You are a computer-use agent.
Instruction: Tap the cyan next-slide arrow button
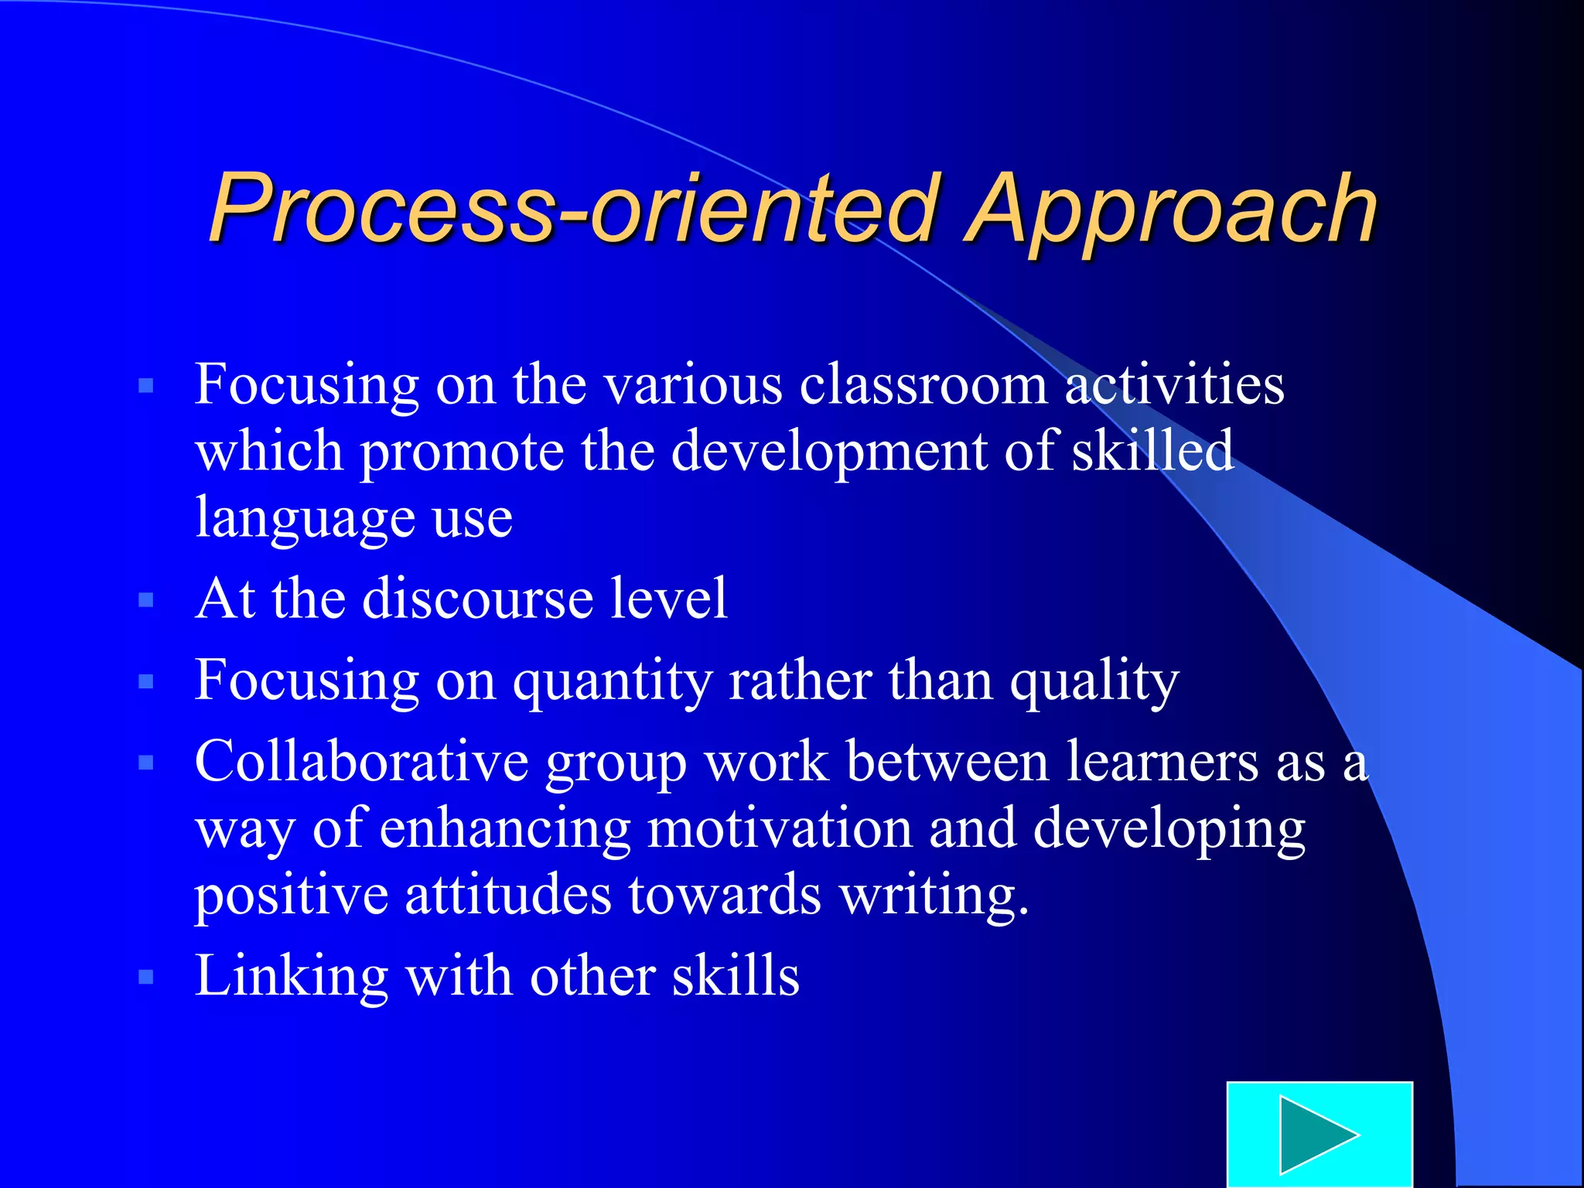tap(1319, 1134)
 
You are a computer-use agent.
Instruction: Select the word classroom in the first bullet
tap(923, 384)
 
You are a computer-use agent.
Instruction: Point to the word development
tap(828, 452)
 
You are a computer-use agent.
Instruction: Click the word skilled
tap(1152, 450)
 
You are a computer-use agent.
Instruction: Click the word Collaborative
tap(361, 761)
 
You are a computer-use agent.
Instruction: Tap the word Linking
tap(291, 976)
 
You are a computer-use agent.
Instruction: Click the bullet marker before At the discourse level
tap(146, 600)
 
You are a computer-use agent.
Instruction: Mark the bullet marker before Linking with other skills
tap(146, 978)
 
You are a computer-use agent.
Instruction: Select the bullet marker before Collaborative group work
tap(146, 763)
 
